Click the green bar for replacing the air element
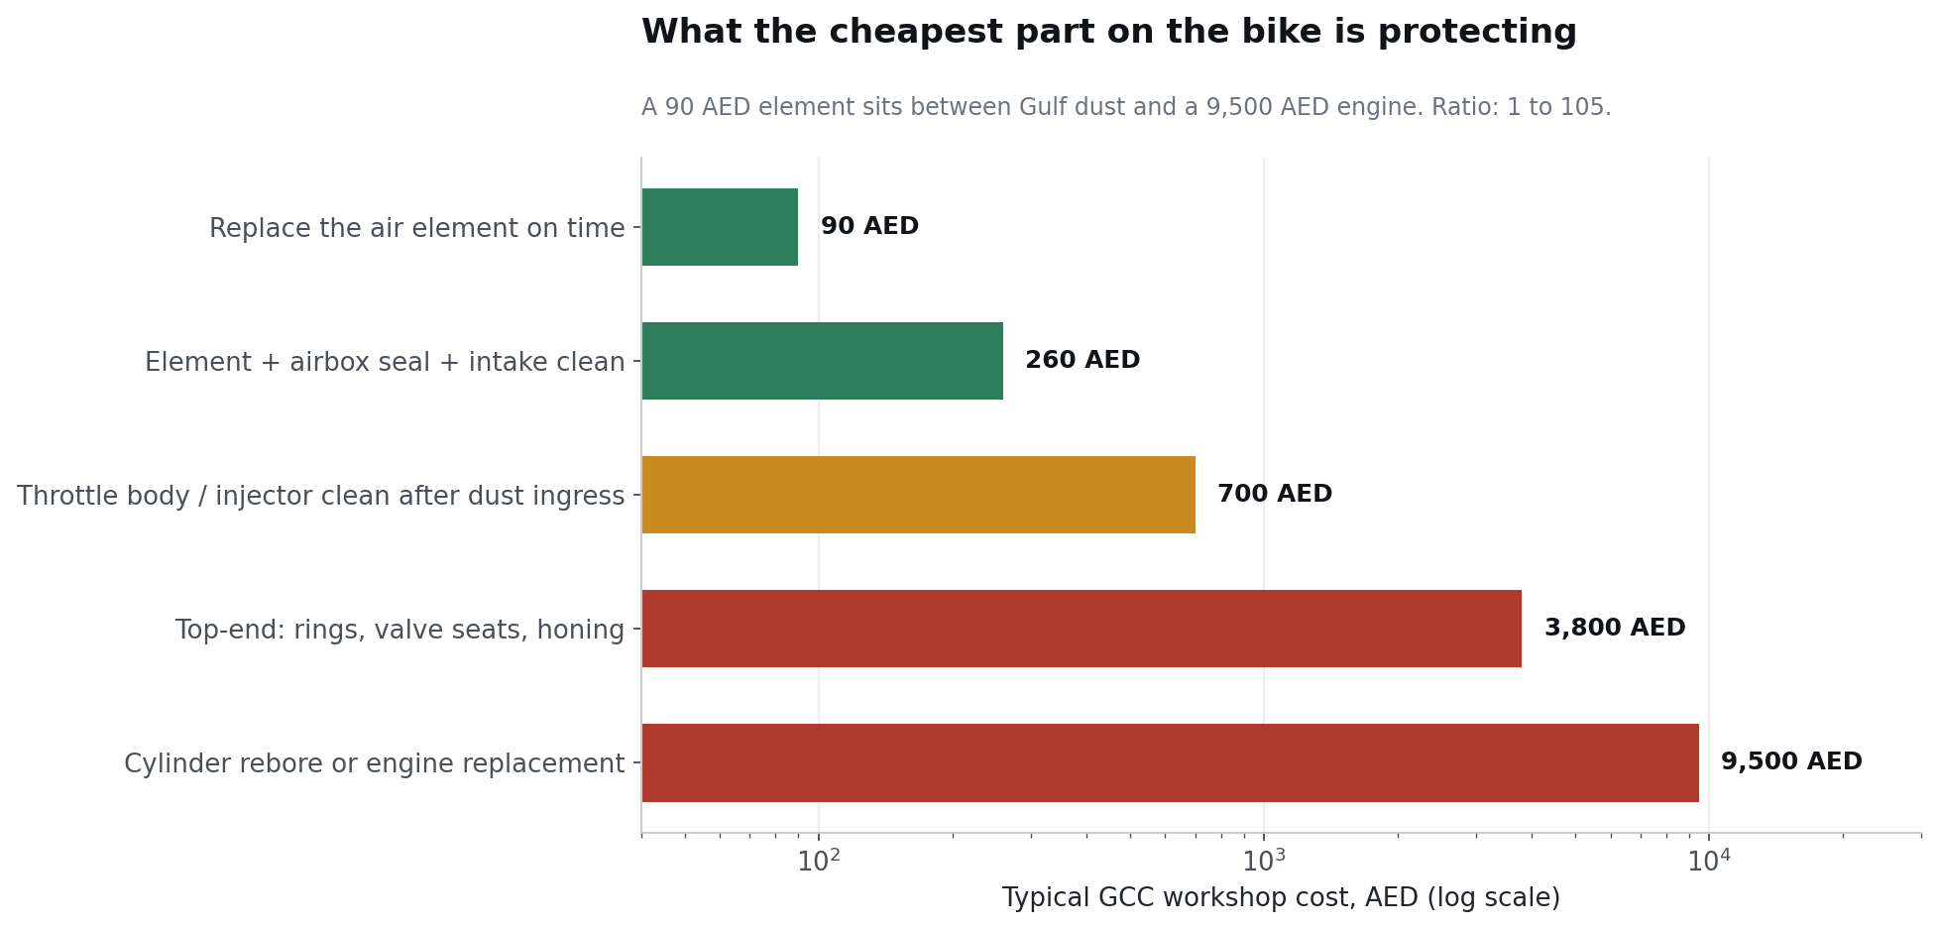pyautogui.click(x=720, y=227)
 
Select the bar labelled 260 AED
pyautogui.click(x=823, y=361)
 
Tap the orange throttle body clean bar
pyautogui.click(x=919, y=495)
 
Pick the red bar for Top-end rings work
pyautogui.click(x=1082, y=629)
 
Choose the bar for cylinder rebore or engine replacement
pyautogui.click(x=1171, y=762)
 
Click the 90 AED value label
pyautogui.click(x=869, y=227)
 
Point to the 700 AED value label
pyautogui.click(x=1275, y=495)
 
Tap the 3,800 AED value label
pyautogui.click(x=1615, y=629)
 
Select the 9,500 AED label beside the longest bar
pyautogui.click(x=1791, y=762)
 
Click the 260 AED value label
pyautogui.click(x=1083, y=361)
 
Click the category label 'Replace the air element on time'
pyautogui.click(x=417, y=229)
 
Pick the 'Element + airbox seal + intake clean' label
pyautogui.click(x=385, y=363)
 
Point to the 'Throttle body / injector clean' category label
pyautogui.click(x=321, y=497)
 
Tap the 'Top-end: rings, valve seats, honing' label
pyautogui.click(x=400, y=631)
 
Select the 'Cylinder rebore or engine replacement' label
pyautogui.click(x=375, y=764)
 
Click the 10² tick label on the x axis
pyautogui.click(x=819, y=861)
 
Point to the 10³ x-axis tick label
pyautogui.click(x=1264, y=861)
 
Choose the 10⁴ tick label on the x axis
pyautogui.click(x=1709, y=861)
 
